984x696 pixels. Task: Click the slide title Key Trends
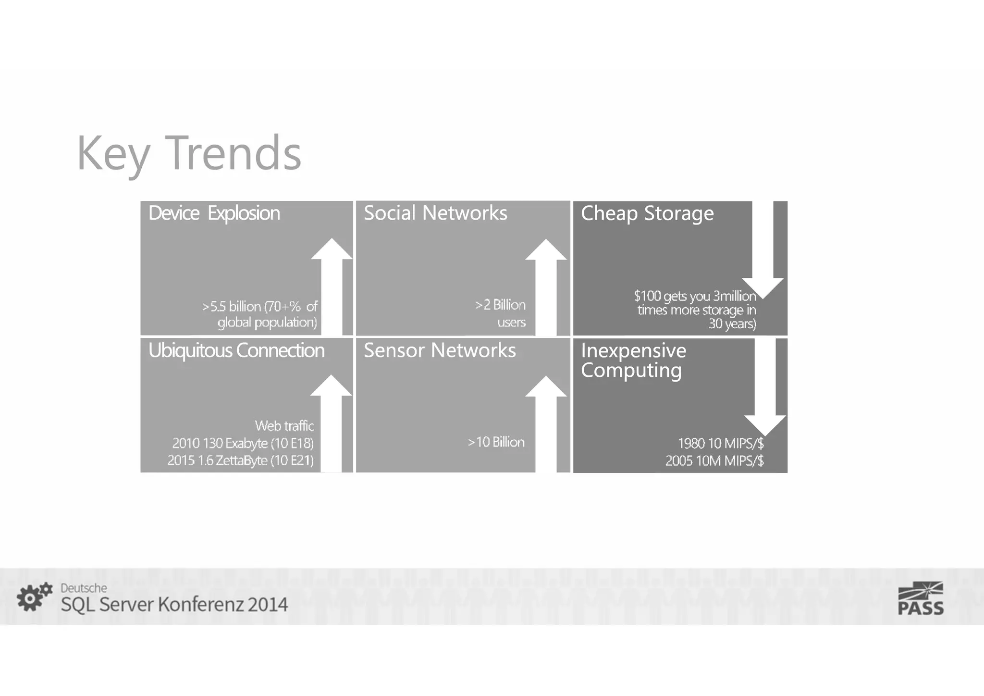click(189, 153)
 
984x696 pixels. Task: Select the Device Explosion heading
click(214, 213)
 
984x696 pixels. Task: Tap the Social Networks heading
click(435, 213)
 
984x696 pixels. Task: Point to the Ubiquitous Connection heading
click(236, 350)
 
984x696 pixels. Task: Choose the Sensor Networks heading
click(440, 350)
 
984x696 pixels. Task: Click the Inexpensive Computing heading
click(633, 360)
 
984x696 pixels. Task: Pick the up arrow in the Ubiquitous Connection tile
click(331, 423)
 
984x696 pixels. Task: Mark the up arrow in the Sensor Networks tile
click(546, 423)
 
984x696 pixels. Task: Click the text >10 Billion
click(496, 442)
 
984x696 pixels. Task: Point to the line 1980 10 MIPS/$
click(720, 443)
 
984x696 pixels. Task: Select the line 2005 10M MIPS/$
click(714, 461)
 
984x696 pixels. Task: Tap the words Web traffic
click(284, 426)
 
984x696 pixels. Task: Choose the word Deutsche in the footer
click(84, 588)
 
